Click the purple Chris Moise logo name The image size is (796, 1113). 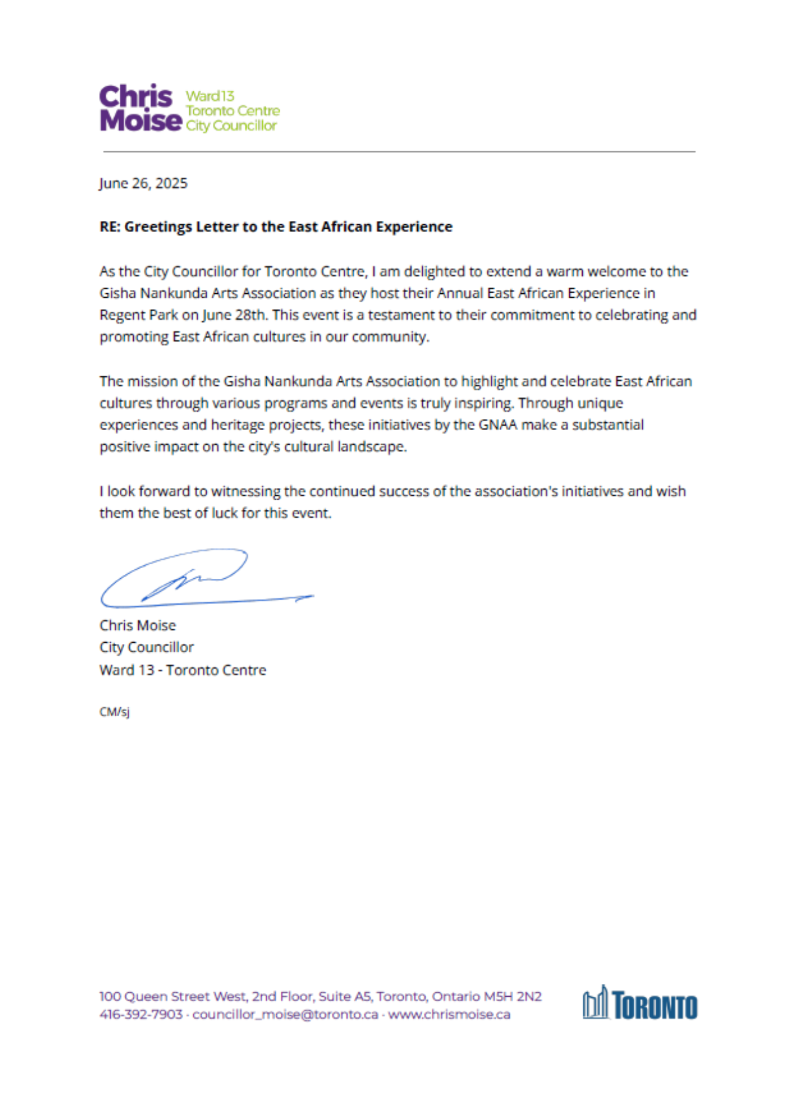point(140,109)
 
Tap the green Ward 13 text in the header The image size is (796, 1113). point(210,96)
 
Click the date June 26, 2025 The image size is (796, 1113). point(143,183)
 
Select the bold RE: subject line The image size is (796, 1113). point(276,226)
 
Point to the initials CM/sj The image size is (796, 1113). point(114,712)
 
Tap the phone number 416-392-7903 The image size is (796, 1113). point(141,1014)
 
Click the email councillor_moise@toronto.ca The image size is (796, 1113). point(285,1014)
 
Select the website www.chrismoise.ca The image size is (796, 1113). point(449,1014)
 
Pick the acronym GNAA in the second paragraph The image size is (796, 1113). point(497,425)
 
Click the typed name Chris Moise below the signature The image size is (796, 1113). point(138,626)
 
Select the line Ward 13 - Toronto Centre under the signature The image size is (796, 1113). point(183,670)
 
